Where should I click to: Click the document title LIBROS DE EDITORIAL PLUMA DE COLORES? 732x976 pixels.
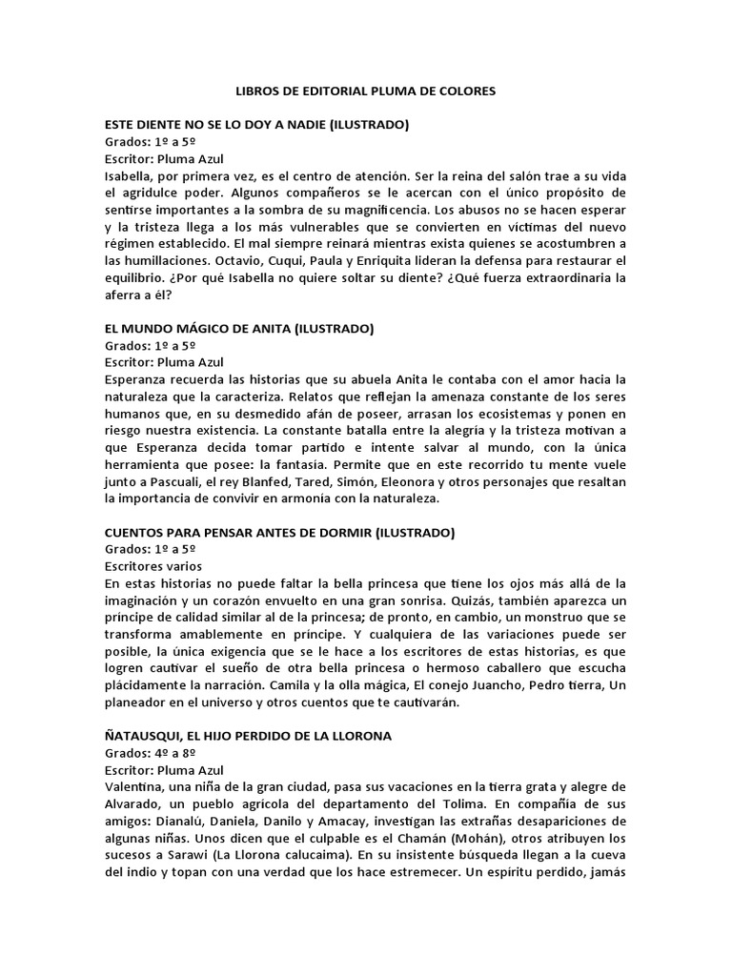click(x=365, y=91)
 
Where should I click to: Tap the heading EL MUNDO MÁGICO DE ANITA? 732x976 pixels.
click(x=239, y=328)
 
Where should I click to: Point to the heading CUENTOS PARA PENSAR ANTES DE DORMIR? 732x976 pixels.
click(x=279, y=532)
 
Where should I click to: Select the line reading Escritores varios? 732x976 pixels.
click(x=152, y=566)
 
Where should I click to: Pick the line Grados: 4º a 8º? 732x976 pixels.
click(x=151, y=753)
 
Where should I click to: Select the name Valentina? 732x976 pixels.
click(x=137, y=787)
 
